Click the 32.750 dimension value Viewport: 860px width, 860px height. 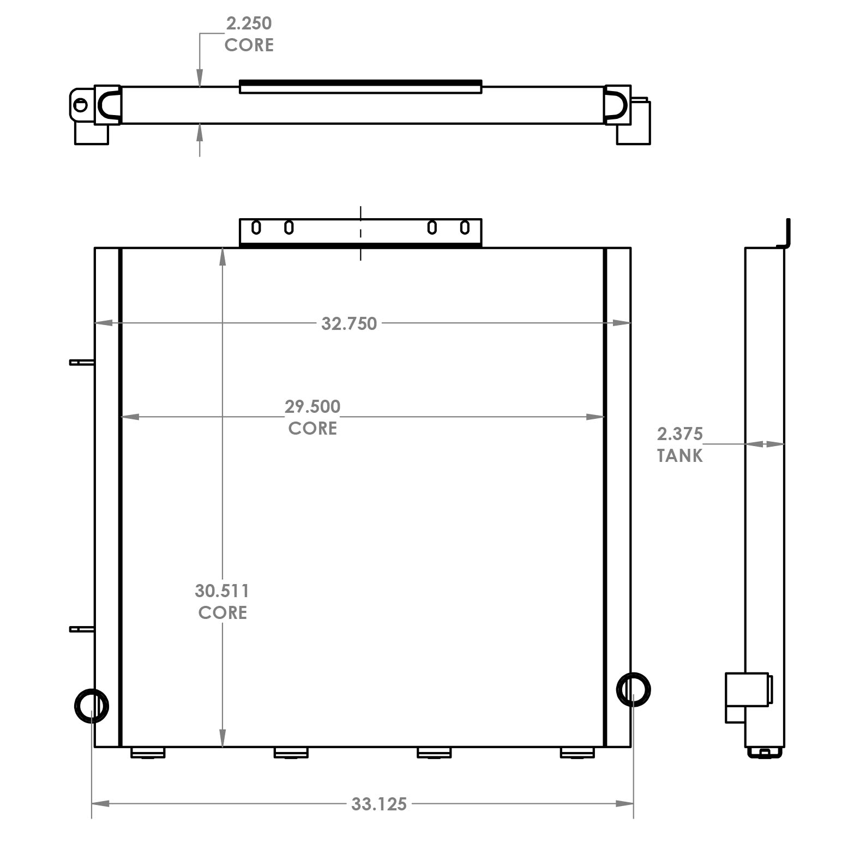(x=349, y=323)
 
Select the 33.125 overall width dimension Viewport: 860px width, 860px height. (x=379, y=804)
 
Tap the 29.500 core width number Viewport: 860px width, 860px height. (x=312, y=406)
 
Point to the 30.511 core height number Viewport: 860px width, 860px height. (x=222, y=591)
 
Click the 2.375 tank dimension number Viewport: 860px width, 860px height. (x=679, y=434)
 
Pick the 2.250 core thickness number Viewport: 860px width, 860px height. (x=249, y=23)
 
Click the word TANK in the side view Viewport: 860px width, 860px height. (x=679, y=456)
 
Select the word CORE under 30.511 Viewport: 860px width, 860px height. (x=222, y=612)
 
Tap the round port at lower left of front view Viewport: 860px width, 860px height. (x=91, y=706)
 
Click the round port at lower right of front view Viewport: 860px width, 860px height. (x=633, y=689)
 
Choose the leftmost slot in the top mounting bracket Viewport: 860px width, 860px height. (x=256, y=227)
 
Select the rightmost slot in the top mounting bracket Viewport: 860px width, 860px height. (x=465, y=227)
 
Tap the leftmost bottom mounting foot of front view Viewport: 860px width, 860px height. (x=148, y=753)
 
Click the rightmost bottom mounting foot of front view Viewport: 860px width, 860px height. (x=578, y=753)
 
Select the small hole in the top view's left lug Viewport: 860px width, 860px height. (x=81, y=105)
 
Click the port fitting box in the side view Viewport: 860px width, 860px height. (x=747, y=697)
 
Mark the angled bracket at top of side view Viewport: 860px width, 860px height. (x=786, y=234)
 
